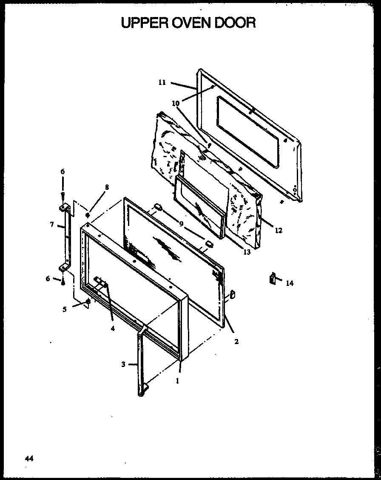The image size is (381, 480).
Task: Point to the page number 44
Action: pos(29,458)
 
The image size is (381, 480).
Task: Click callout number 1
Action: pos(177,381)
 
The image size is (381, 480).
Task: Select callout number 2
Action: pos(236,341)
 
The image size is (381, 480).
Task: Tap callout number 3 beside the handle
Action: pos(123,364)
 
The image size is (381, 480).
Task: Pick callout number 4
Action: pos(112,328)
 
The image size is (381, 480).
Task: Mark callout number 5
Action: pos(65,310)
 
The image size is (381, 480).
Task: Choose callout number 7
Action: pos(51,224)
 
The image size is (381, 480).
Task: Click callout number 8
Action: pos(107,187)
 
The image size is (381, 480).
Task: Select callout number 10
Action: pos(176,103)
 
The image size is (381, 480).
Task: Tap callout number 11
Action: pos(162,82)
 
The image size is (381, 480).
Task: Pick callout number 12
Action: pos(278,231)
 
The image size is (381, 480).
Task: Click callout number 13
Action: pos(247,252)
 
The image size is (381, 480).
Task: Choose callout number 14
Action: pos(290,283)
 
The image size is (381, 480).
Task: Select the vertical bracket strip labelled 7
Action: pos(66,238)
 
